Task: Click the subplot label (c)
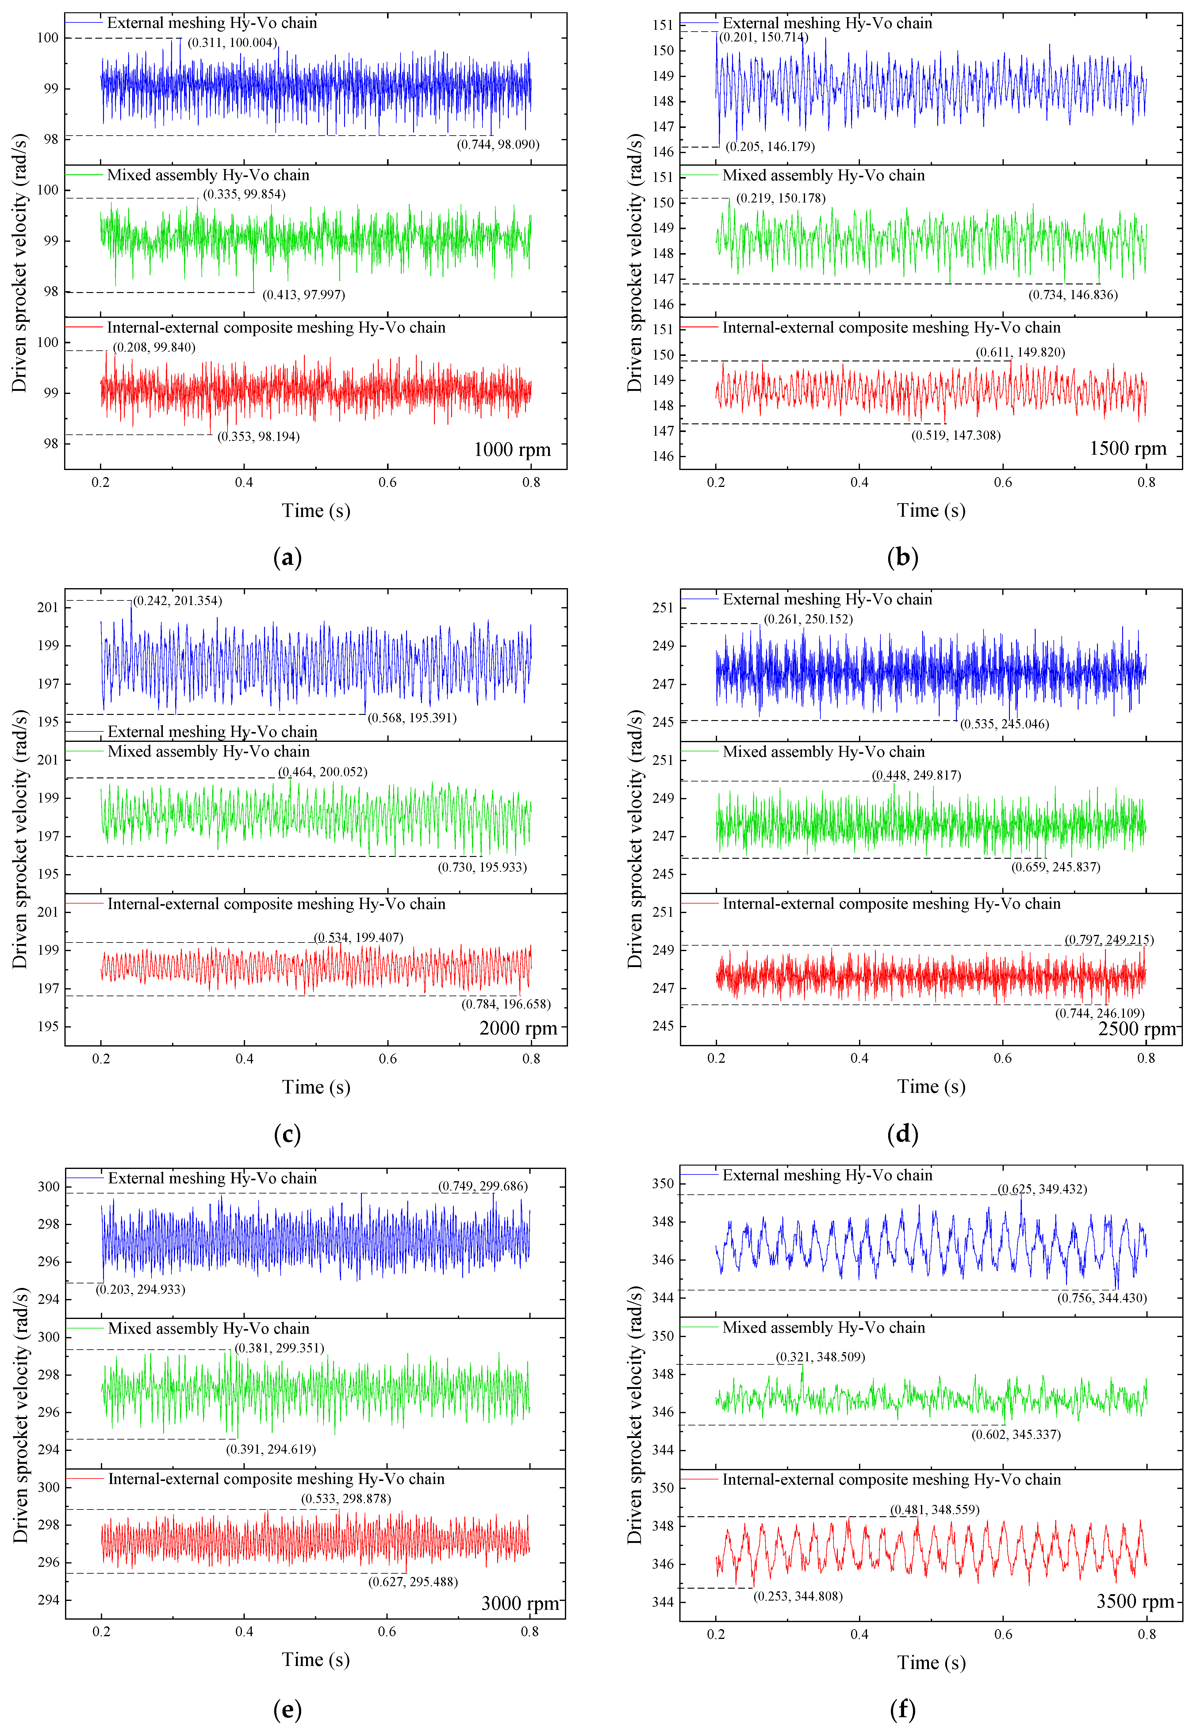[x=288, y=1134]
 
